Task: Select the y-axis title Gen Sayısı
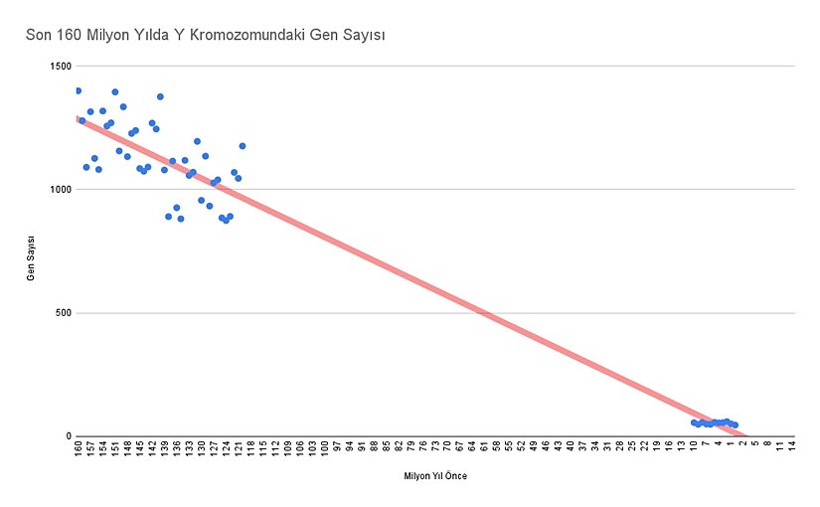click(32, 258)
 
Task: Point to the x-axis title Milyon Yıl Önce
click(434, 476)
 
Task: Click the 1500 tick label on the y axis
click(62, 66)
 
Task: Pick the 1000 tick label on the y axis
click(62, 189)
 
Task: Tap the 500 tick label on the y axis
click(65, 313)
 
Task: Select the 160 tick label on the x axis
click(79, 450)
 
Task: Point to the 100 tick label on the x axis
click(325, 450)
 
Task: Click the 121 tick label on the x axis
click(239, 450)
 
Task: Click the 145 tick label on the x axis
click(140, 450)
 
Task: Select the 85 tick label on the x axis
click(387, 449)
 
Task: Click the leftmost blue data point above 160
click(79, 90)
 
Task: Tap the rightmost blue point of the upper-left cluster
click(242, 146)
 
